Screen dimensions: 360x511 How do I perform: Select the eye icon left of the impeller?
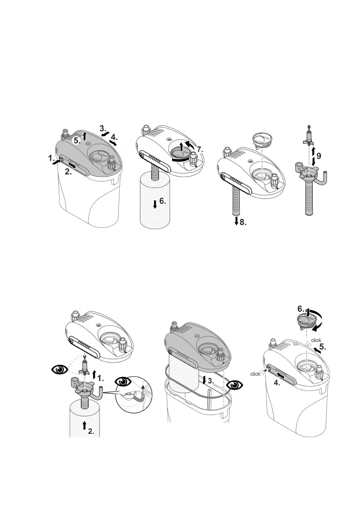pyautogui.click(x=60, y=369)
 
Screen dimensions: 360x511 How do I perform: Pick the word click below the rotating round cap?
pyautogui.click(x=316, y=340)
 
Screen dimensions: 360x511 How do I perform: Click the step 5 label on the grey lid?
pyautogui.click(x=76, y=139)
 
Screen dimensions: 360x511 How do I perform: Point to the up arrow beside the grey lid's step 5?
pyautogui.click(x=85, y=136)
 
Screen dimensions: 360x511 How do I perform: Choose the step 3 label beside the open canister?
pyautogui.click(x=211, y=380)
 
